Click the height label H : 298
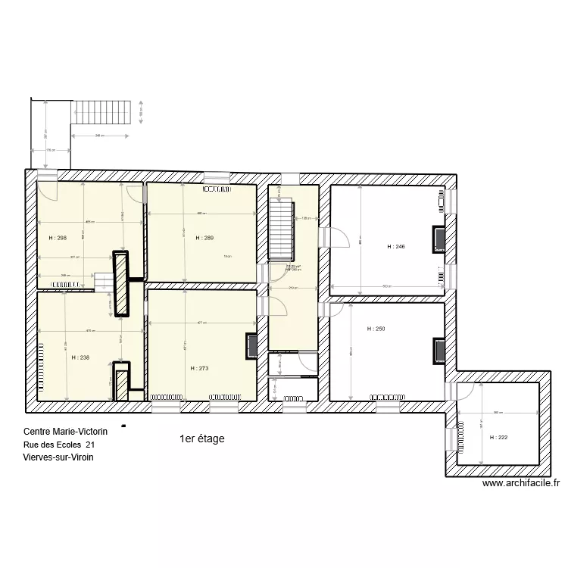coord(57,238)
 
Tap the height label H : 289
coord(204,238)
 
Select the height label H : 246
coord(397,246)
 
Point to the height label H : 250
coord(376,329)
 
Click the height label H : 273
coord(199,368)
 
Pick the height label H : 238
coord(80,357)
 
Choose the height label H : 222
coord(499,437)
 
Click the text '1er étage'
coord(201,438)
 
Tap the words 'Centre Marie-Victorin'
coord(65,431)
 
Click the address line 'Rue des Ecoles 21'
coord(59,445)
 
